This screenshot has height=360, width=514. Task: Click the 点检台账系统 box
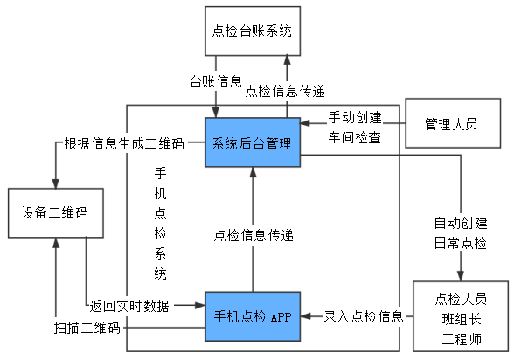pyautogui.click(x=251, y=31)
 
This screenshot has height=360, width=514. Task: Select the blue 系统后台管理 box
pyautogui.click(x=252, y=142)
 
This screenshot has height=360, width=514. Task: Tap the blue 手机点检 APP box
pyautogui.click(x=252, y=315)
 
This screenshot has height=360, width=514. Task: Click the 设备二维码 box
pyautogui.click(x=55, y=212)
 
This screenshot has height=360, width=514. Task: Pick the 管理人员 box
pyautogui.click(x=451, y=124)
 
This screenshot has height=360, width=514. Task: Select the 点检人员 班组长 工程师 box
pyautogui.click(x=460, y=315)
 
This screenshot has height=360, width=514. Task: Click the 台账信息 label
pyautogui.click(x=215, y=81)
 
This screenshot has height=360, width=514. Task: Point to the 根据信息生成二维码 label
pyautogui.click(x=123, y=142)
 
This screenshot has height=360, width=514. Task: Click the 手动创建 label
pyautogui.click(x=355, y=117)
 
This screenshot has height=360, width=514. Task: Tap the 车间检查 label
pyautogui.click(x=355, y=137)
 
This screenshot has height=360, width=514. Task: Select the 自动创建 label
pyautogui.click(x=460, y=221)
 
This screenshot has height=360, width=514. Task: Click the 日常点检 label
pyautogui.click(x=460, y=242)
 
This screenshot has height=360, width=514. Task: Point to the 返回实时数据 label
pyautogui.click(x=129, y=306)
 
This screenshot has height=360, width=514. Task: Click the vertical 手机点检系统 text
pyautogui.click(x=160, y=222)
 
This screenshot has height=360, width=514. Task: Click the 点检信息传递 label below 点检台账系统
pyautogui.click(x=285, y=90)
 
